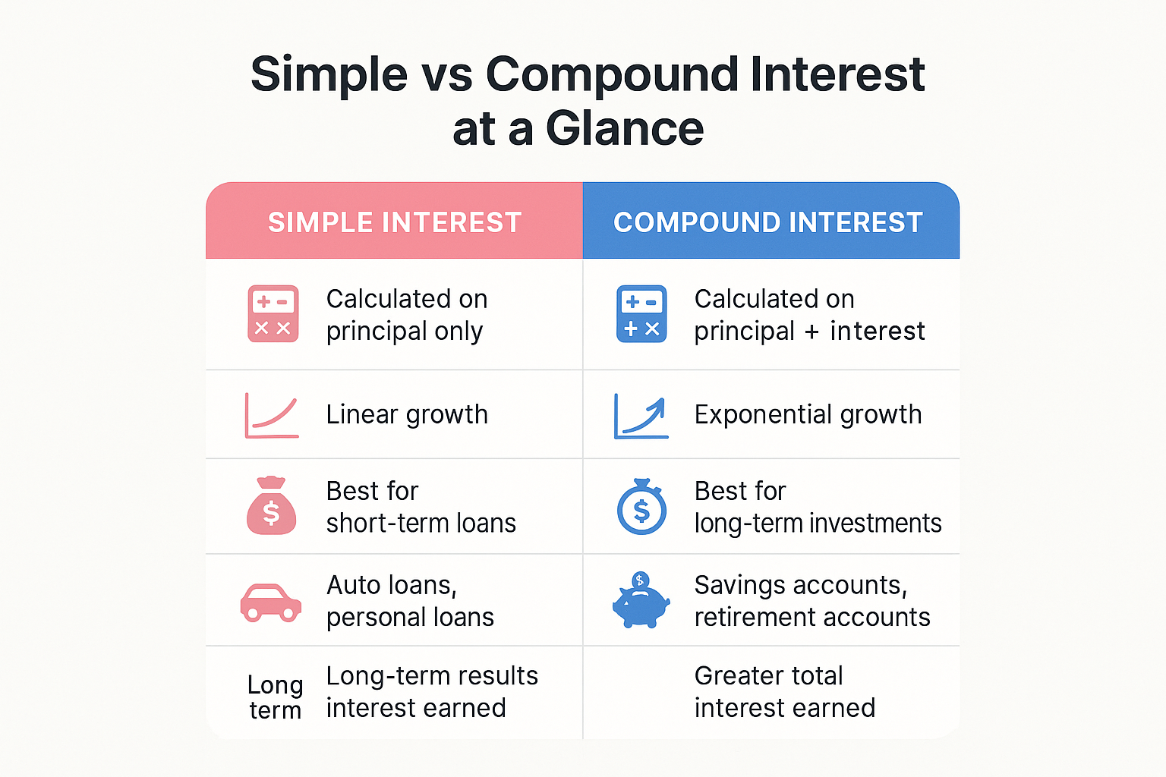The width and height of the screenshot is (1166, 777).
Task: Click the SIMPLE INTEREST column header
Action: pyautogui.click(x=395, y=222)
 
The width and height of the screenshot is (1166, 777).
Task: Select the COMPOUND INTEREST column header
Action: pyautogui.click(x=768, y=222)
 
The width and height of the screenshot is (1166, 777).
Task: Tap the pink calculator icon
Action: pyautogui.click(x=273, y=314)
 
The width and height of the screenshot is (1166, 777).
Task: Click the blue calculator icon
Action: pyautogui.click(x=641, y=314)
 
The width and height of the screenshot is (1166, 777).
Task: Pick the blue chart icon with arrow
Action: pyautogui.click(x=641, y=417)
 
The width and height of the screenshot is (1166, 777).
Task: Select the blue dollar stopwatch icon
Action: pyautogui.click(x=641, y=507)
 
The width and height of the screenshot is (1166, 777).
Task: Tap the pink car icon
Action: pyautogui.click(x=271, y=602)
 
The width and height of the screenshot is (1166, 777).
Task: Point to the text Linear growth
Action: pyautogui.click(x=407, y=415)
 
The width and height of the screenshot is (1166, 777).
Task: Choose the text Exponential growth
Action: pyautogui.click(x=808, y=415)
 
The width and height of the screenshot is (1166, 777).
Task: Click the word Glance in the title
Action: pyautogui.click(x=624, y=128)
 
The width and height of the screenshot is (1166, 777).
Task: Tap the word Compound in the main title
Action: pyautogui.click(x=612, y=74)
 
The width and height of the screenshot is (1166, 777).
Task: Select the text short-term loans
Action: pyautogui.click(x=421, y=524)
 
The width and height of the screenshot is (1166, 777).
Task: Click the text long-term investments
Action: pyautogui.click(x=818, y=524)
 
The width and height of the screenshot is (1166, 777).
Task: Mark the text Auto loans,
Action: pyautogui.click(x=392, y=585)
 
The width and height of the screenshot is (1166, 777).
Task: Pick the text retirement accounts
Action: pyautogui.click(x=812, y=618)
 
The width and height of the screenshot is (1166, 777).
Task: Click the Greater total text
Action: pyautogui.click(x=768, y=676)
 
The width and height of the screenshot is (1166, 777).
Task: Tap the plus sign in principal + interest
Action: pyautogui.click(x=811, y=332)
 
